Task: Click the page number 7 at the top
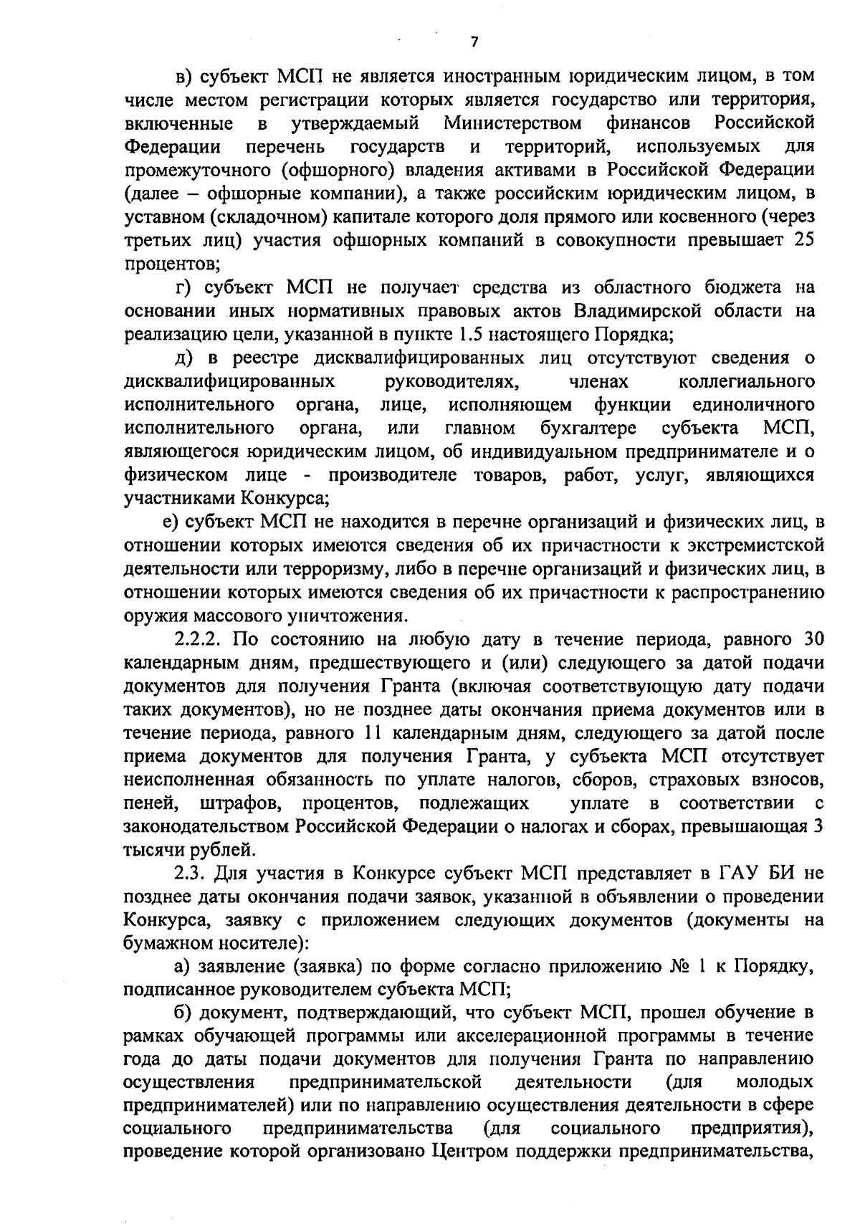474,42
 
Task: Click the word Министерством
513,123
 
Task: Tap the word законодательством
207,826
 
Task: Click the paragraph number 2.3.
190,874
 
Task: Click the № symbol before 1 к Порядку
677,967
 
